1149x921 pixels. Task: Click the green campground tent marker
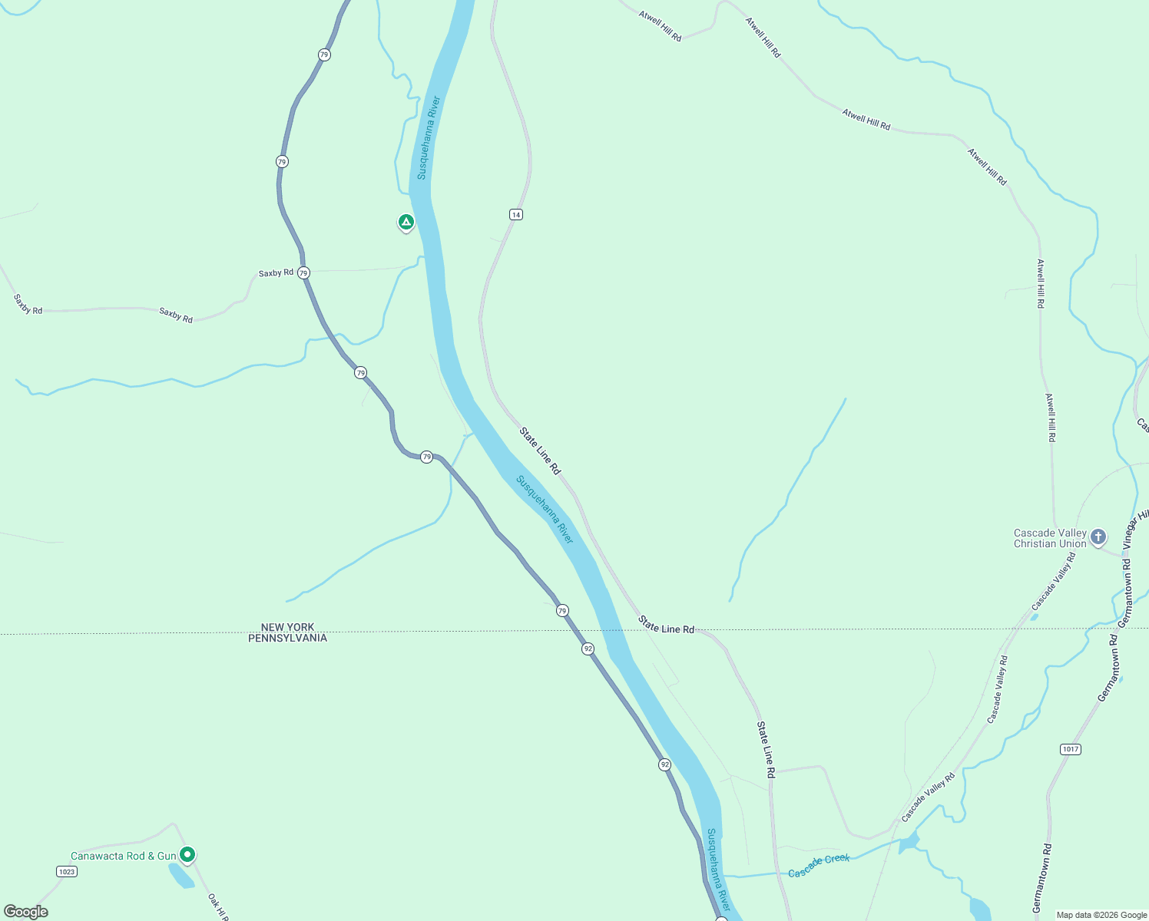[x=406, y=223]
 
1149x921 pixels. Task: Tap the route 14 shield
[x=516, y=214]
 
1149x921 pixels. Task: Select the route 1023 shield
[x=67, y=871]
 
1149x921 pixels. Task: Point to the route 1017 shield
[x=1070, y=749]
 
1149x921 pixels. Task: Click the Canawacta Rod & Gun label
[x=123, y=856]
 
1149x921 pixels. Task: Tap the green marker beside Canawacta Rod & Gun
[x=187, y=854]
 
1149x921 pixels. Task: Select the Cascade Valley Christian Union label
[x=1050, y=538]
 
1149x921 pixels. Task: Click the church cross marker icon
[x=1098, y=536]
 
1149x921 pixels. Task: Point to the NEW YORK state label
[x=287, y=627]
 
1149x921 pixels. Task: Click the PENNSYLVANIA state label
[x=287, y=638]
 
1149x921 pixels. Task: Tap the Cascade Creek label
[x=819, y=866]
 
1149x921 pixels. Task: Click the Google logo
[x=26, y=911]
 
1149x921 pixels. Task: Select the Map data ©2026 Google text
[x=1101, y=915]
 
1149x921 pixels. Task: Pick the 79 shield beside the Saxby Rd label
[x=303, y=273]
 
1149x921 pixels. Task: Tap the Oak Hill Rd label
[x=217, y=906]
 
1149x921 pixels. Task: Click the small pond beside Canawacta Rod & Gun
[x=180, y=876]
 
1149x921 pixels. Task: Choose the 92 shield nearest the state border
[x=588, y=649]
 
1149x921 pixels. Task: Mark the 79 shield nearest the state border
[x=562, y=611]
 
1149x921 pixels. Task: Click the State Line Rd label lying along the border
[x=666, y=625]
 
